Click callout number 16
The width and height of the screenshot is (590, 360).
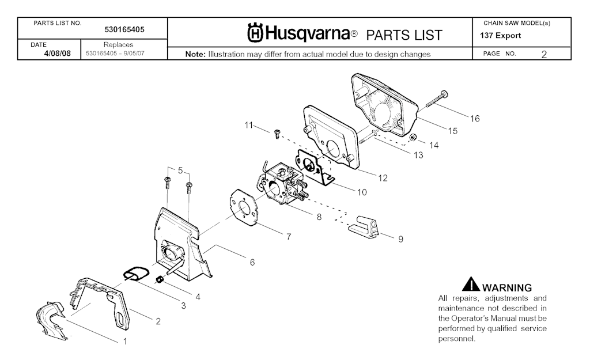pos(474,119)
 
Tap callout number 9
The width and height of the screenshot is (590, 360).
pos(400,238)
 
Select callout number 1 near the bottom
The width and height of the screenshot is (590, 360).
pos(124,341)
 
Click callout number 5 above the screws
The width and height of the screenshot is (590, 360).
pos(180,170)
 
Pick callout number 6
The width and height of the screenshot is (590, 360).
pos(252,262)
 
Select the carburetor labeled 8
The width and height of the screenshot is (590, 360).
pos(283,184)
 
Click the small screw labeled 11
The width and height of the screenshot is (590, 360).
pos(277,133)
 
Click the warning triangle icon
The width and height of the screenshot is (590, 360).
pos(470,285)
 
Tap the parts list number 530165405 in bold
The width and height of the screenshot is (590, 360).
pos(125,28)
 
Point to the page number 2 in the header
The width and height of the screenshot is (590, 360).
pos(544,54)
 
